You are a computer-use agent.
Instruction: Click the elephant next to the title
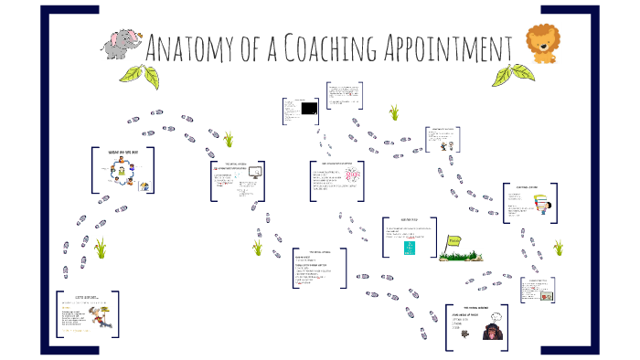coord(123,43)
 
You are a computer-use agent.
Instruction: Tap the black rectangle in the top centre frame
coord(309,109)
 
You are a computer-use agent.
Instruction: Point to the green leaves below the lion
coord(522,72)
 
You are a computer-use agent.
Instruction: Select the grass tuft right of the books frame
coord(558,248)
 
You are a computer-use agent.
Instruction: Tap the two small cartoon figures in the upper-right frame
coord(445,145)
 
